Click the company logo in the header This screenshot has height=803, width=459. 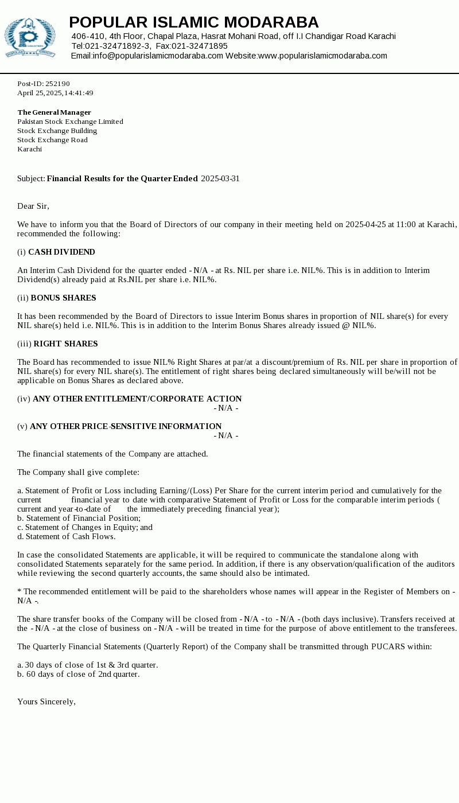pos(30,37)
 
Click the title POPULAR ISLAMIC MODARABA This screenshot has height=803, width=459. pos(193,22)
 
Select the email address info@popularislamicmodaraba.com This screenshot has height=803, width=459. pos(158,56)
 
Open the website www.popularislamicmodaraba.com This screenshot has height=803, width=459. pos(322,56)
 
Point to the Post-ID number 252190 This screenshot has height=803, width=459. pos(57,84)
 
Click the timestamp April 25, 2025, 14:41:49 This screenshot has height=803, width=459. pos(55,93)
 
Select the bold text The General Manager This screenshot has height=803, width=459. pos(54,112)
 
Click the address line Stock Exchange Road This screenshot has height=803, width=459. pos(52,140)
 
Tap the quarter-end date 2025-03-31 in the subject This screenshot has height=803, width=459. pos(220,178)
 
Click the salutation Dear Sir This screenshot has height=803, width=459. pos(33,206)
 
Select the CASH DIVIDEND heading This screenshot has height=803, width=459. pos(61,252)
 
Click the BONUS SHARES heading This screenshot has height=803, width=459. pos(63,298)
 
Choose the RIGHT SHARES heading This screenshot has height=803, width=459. pos(65,344)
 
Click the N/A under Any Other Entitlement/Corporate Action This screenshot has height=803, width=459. pos(226,408)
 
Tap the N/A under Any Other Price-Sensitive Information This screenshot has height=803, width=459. pos(226,435)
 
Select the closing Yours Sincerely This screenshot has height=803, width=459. pos(46,701)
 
